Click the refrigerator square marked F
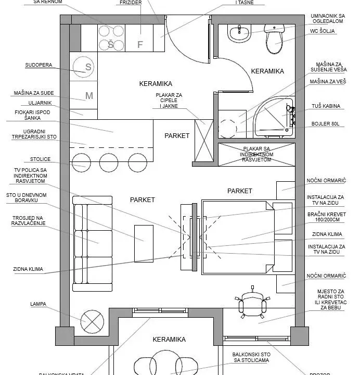pyautogui.click(x=139, y=44)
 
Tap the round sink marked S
pyautogui.click(x=88, y=67)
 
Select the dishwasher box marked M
pyautogui.click(x=88, y=95)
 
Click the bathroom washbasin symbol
pyautogui.click(x=240, y=33)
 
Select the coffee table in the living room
pyautogui.click(x=143, y=243)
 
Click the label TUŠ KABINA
pyautogui.click(x=327, y=106)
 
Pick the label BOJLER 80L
pyautogui.click(x=326, y=124)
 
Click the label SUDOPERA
pyautogui.click(x=39, y=66)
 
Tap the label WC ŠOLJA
pyautogui.click(x=323, y=31)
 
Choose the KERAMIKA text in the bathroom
pyautogui.click(x=267, y=71)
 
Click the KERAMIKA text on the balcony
pyautogui.click(x=169, y=340)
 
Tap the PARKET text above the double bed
pyautogui.click(x=239, y=191)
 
